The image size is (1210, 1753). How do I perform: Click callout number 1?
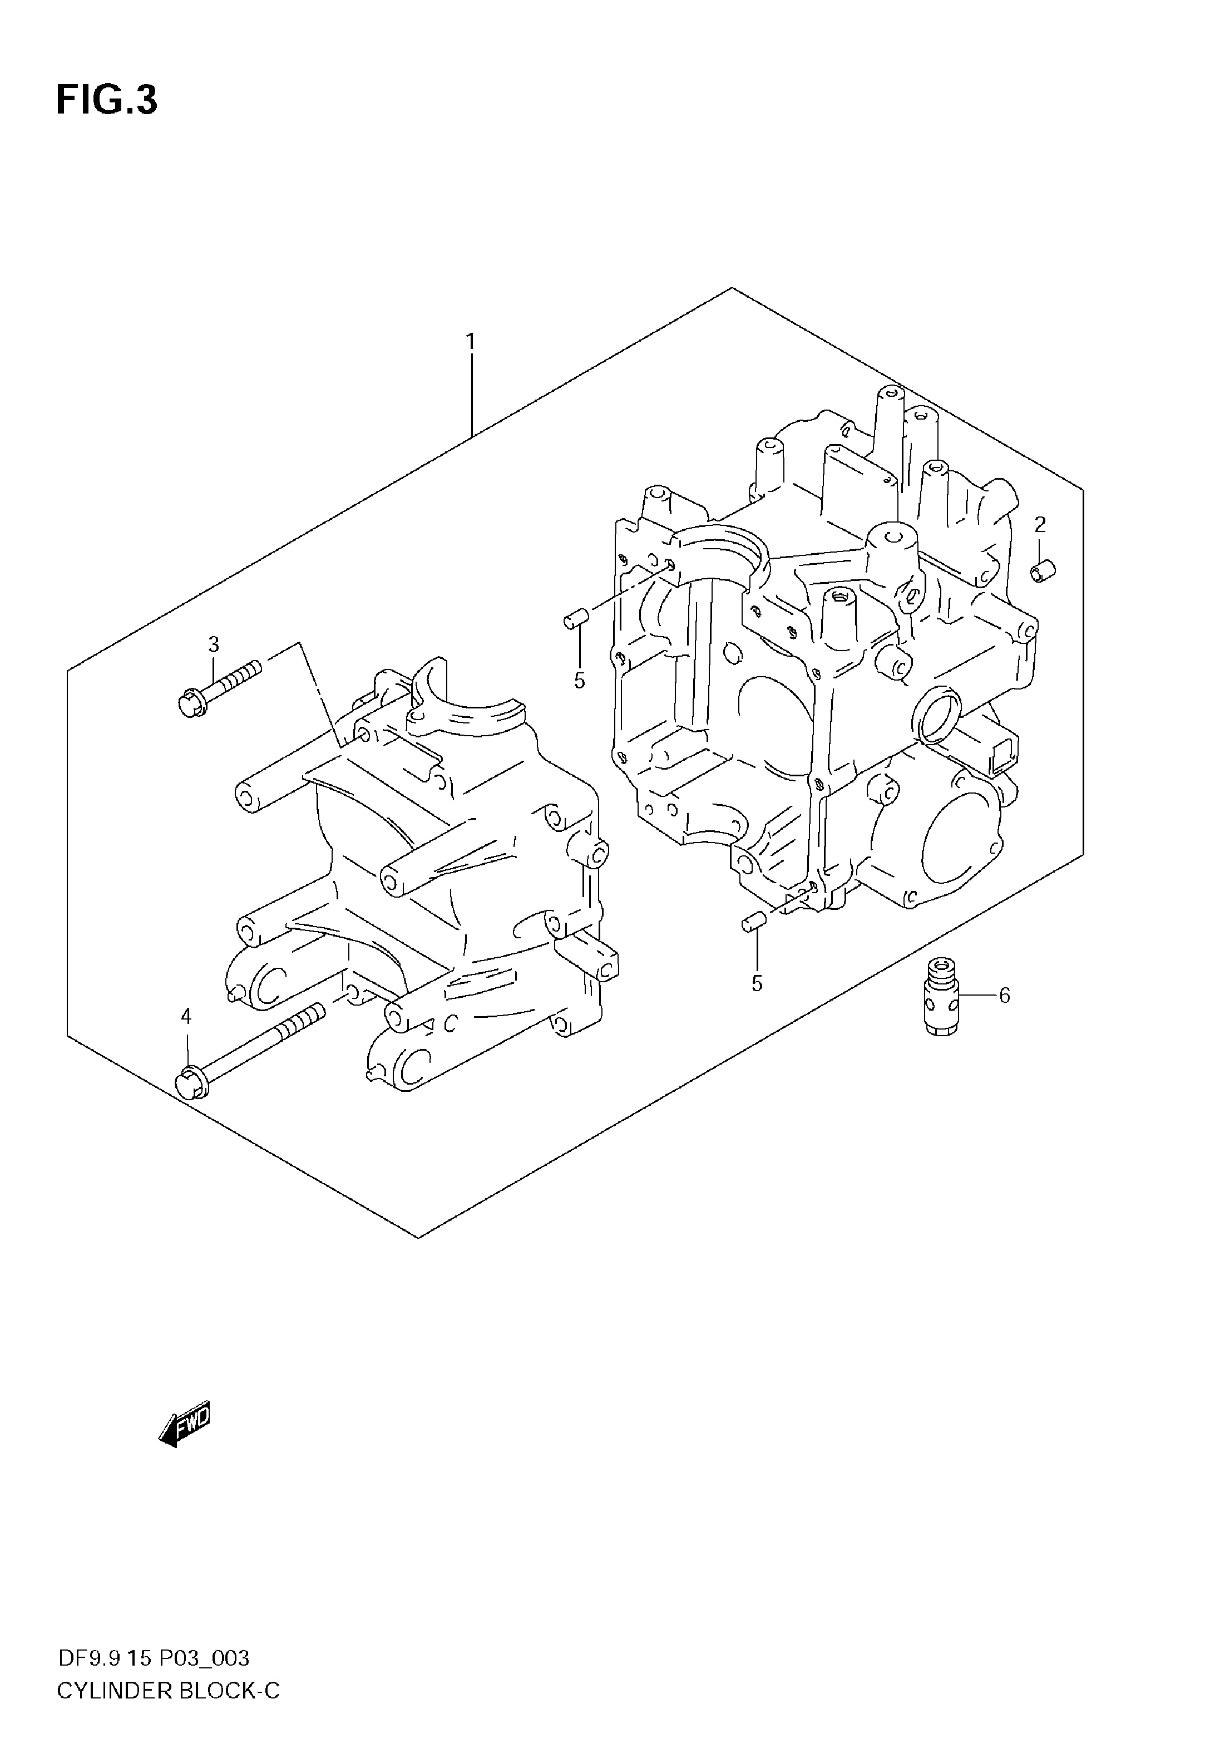point(471,342)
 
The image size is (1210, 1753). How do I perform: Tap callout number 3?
point(214,644)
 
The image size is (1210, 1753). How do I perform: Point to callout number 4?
point(186,1016)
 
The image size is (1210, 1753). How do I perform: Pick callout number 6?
point(1005,995)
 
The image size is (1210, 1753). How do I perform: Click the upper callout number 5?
point(579,681)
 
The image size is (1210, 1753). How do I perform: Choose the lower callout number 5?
point(757,983)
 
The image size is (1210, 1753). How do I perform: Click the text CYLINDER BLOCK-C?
point(169,1690)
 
